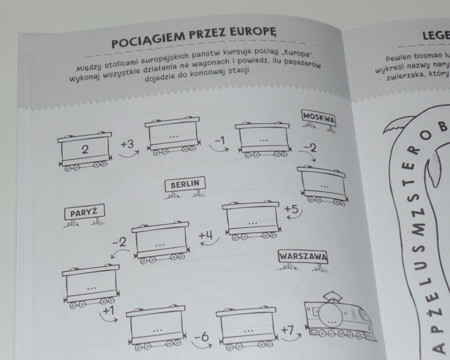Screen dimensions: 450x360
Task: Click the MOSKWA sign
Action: (x=319, y=117)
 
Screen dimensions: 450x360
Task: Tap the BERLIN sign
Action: (x=185, y=184)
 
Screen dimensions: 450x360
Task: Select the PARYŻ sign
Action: (x=84, y=212)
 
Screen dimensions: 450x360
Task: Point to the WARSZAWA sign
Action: (x=303, y=256)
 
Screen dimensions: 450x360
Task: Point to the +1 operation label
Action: (x=108, y=311)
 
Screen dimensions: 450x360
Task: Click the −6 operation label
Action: (x=202, y=336)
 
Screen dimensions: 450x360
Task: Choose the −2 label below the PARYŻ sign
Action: (x=120, y=242)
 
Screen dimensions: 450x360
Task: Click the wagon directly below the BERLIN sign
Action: (x=251, y=219)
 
